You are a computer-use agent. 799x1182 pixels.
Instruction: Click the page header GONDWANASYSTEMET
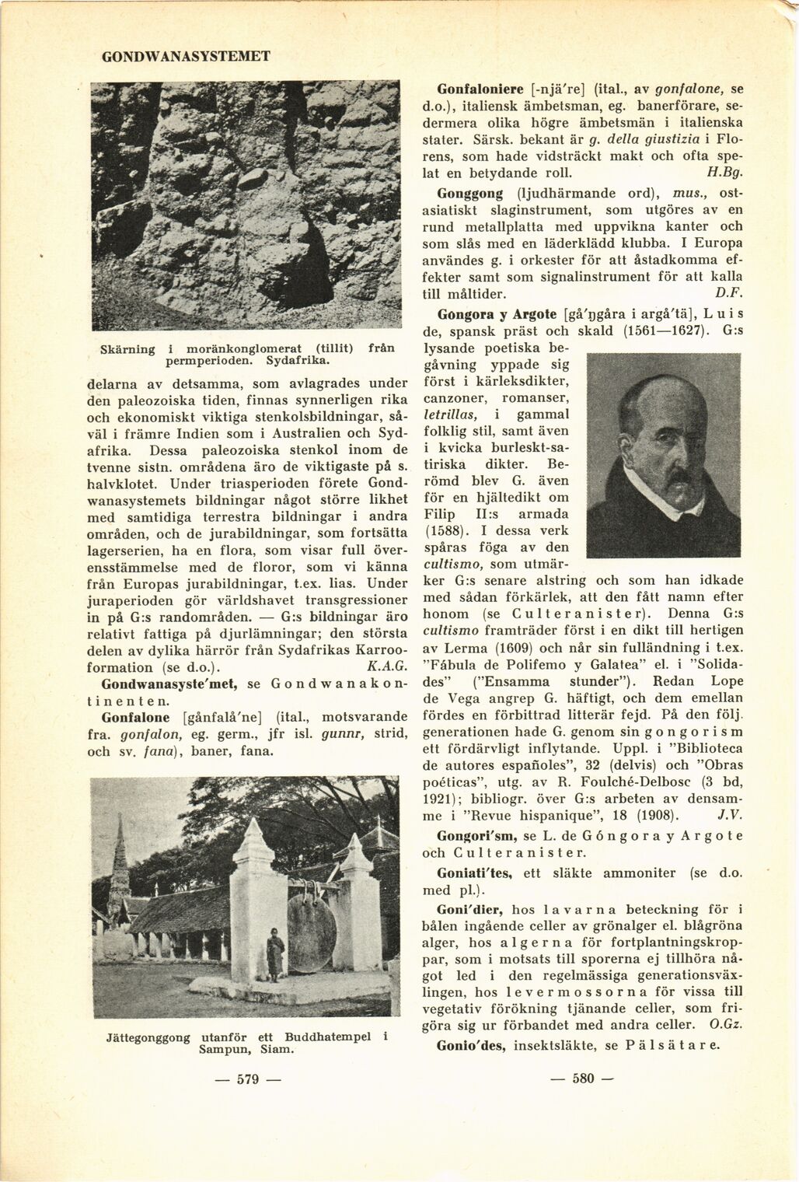pos(186,57)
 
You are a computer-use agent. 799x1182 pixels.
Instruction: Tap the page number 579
pos(248,1080)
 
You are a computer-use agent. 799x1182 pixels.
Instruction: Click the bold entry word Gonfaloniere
pos(482,89)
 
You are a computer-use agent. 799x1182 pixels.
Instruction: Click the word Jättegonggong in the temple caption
pos(148,1037)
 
